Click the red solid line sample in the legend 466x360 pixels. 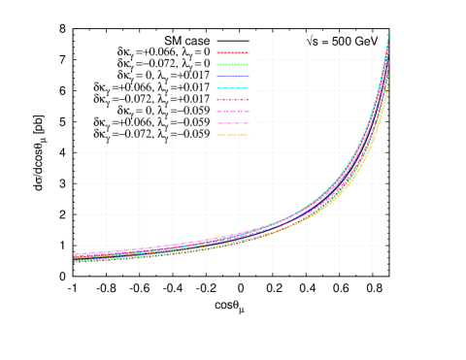coord(233,52)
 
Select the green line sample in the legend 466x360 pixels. coord(233,64)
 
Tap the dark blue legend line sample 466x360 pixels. coord(233,76)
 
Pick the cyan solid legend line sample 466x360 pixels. coord(233,88)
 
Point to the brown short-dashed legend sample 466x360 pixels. coord(233,100)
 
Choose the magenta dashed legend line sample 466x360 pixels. coord(233,112)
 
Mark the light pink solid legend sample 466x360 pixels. coord(233,123)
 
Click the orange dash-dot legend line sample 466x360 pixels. coord(233,135)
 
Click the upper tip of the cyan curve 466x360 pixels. coord(388,35)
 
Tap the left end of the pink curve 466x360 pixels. coord(75,254)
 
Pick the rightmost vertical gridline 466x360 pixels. coord(372,146)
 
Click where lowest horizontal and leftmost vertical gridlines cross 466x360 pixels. coord(106,245)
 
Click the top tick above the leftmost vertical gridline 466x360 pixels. coord(106,35)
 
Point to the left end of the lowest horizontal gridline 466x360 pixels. coord(78,245)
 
